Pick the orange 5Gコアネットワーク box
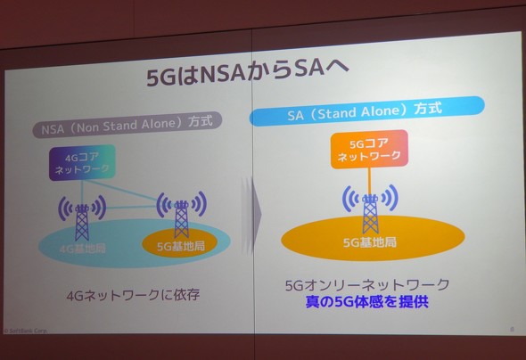click(368, 149)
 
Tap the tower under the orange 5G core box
click(370, 209)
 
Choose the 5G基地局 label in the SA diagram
click(370, 241)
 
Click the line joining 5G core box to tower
click(369, 177)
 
